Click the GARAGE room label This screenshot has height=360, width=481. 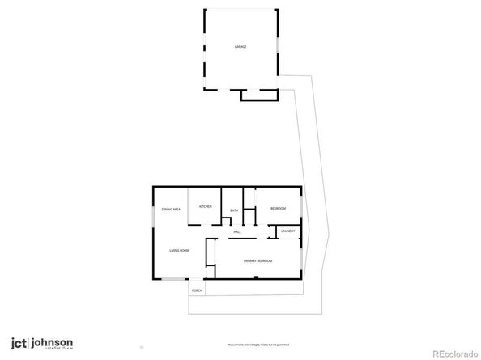click(x=240, y=47)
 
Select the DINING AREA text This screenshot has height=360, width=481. click(x=170, y=210)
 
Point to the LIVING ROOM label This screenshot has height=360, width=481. click(x=179, y=251)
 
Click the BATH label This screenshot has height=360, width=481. click(x=234, y=211)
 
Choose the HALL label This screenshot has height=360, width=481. click(x=238, y=232)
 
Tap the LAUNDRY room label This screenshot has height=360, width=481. click(x=287, y=232)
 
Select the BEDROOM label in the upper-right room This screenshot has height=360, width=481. click(x=278, y=209)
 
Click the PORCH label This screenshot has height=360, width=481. click(x=197, y=290)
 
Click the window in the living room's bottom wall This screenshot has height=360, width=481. click(x=171, y=280)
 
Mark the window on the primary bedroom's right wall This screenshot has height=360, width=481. click(x=302, y=257)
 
